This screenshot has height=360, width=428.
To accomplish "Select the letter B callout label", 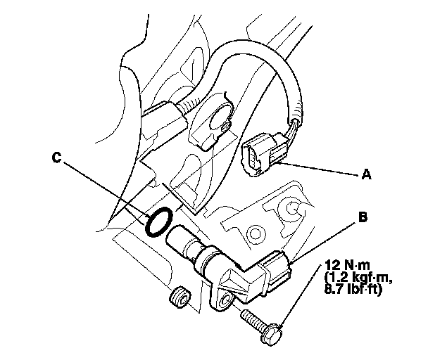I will (363, 219).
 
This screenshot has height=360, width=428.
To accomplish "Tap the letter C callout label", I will (56, 158).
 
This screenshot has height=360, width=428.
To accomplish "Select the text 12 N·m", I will (348, 266).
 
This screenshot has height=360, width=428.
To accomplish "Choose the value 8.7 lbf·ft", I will (352, 288).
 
